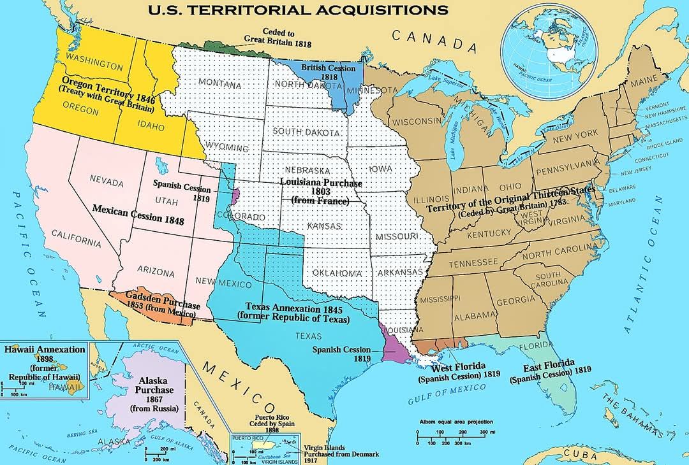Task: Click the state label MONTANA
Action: [219, 84]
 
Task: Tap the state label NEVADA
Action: [107, 182]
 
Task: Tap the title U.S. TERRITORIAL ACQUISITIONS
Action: [297, 10]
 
